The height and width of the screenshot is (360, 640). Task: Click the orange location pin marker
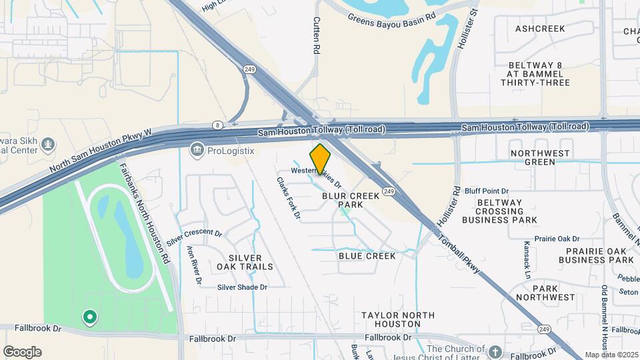321,159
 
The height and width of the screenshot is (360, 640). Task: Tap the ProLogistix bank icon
197,149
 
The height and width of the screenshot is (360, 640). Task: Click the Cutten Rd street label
317,35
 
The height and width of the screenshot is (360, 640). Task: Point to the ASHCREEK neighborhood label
540,29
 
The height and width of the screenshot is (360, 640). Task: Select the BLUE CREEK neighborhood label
367,256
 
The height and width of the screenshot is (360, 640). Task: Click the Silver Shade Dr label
242,287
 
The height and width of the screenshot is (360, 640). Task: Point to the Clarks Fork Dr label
289,197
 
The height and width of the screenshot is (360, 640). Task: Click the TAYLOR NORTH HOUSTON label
397,319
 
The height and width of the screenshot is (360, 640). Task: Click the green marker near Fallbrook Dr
89,317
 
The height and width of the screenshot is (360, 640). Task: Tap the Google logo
22,352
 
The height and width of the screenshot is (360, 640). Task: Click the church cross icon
494,351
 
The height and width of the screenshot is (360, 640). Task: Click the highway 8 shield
217,125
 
